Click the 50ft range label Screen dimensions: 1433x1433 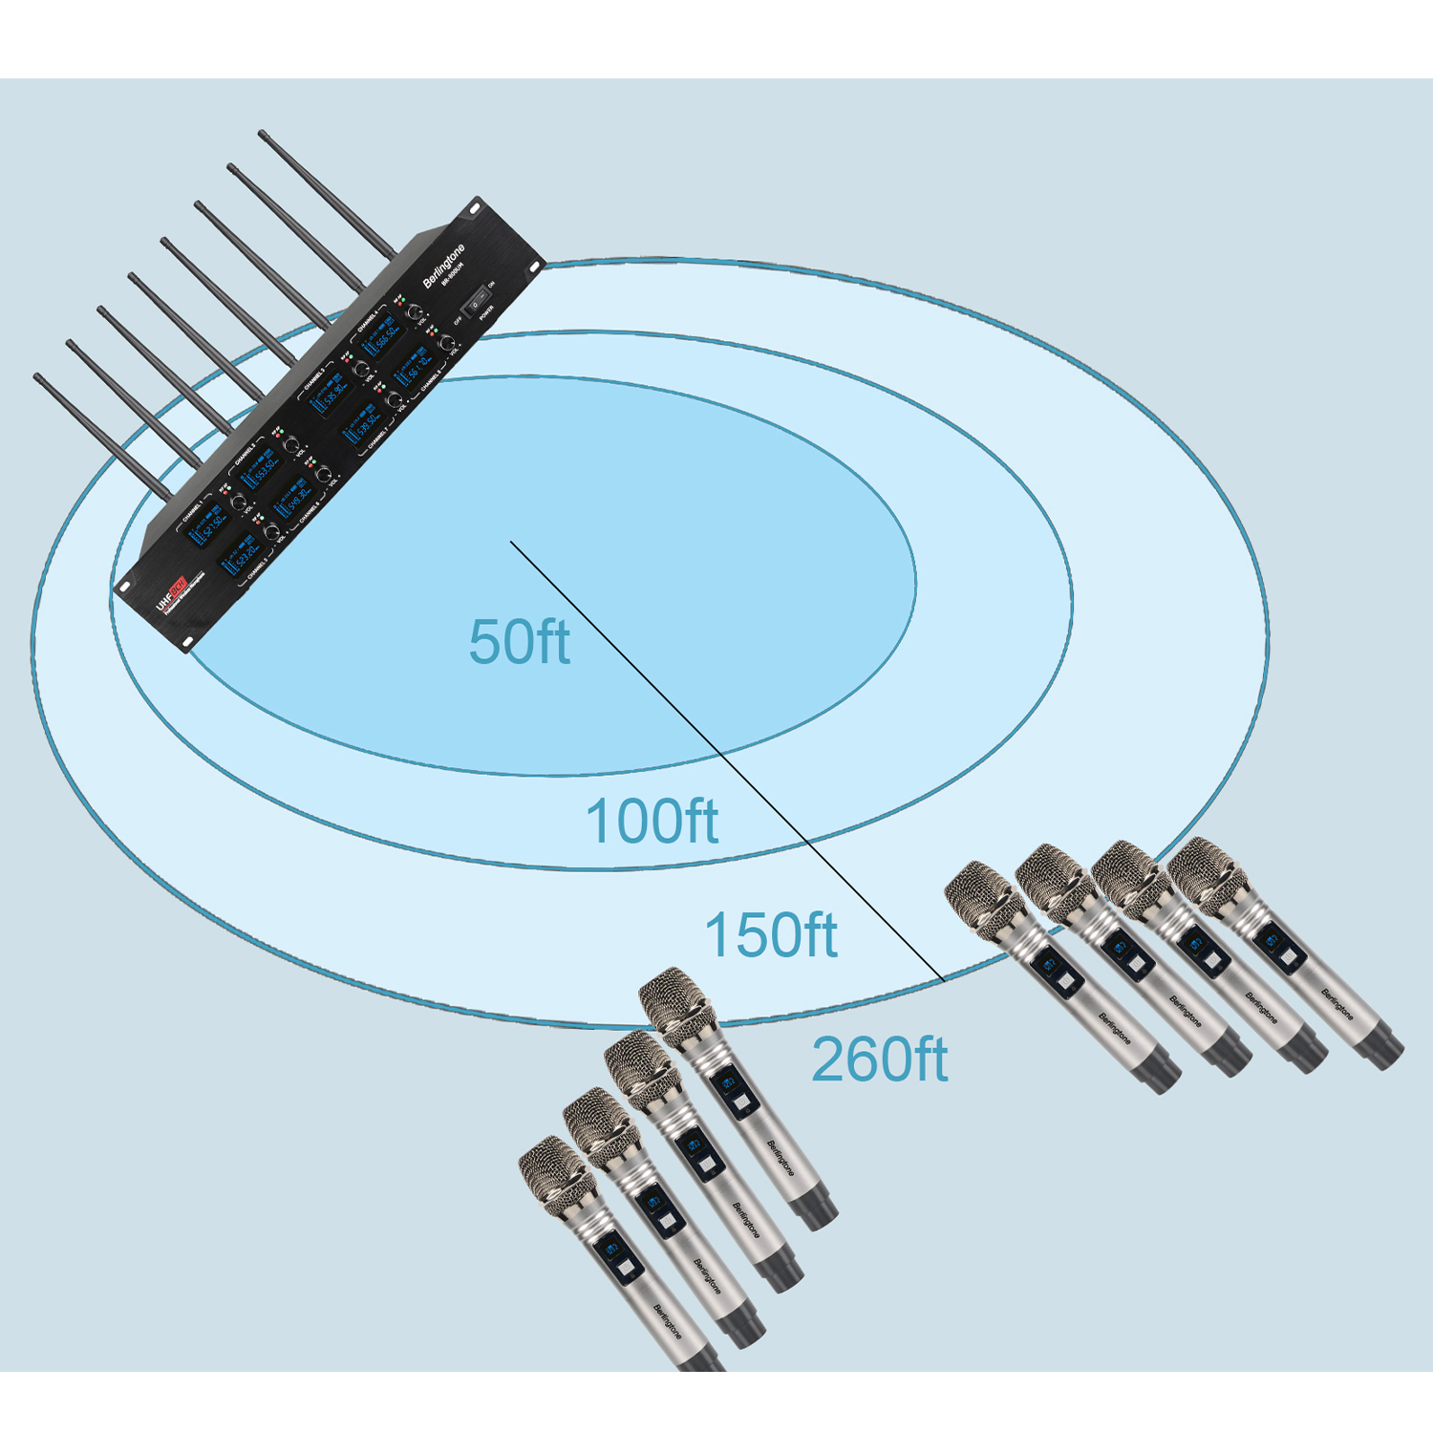coord(519,642)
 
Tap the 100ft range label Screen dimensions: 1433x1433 coord(651,822)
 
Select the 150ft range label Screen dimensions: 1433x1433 coord(770,934)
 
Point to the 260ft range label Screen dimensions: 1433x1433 coord(879,1059)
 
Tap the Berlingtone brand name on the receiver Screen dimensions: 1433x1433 coord(444,265)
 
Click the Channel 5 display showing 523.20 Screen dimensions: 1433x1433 coord(243,557)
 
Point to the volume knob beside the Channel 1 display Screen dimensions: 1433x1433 coord(239,501)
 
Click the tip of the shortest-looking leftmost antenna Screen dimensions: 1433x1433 coord(37,377)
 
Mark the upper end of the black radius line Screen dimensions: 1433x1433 coord(511,542)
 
